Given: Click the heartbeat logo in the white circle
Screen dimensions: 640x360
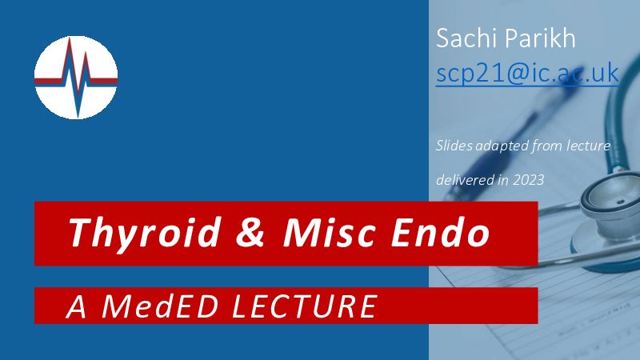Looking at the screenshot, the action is pyautogui.click(x=76, y=77).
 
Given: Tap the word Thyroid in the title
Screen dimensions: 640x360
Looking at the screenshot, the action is pyautogui.click(x=145, y=233).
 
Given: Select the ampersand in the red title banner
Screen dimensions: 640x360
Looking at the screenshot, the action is pyautogui.click(x=250, y=232).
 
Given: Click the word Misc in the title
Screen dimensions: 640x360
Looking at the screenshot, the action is pyautogui.click(x=329, y=232).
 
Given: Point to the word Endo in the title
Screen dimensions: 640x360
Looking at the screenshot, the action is pyautogui.click(x=441, y=232).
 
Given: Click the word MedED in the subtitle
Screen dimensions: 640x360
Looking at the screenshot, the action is pyautogui.click(x=159, y=306).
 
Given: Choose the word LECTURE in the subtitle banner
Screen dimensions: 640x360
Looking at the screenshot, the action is pyautogui.click(x=304, y=306).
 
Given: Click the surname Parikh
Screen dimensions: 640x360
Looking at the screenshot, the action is pyautogui.click(x=541, y=38).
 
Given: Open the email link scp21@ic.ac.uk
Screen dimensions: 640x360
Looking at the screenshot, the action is pyautogui.click(x=527, y=74).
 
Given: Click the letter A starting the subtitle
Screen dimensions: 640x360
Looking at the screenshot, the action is pyautogui.click(x=76, y=306).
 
